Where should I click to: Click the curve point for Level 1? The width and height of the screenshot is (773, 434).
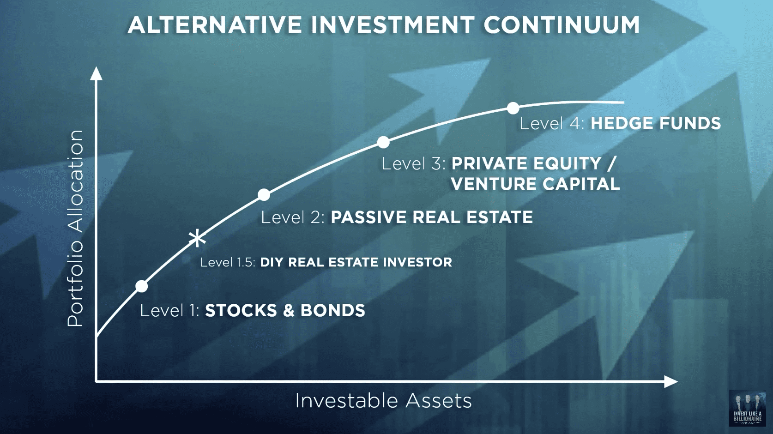(x=141, y=286)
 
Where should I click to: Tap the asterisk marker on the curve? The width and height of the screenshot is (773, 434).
(x=197, y=238)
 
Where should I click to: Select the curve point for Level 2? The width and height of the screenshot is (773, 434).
(x=264, y=195)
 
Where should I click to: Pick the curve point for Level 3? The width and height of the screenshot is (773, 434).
(x=383, y=142)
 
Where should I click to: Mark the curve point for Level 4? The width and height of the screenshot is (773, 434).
(x=513, y=108)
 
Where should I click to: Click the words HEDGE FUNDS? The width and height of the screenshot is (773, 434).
(x=656, y=124)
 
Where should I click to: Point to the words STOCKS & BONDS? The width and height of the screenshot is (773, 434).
(x=285, y=310)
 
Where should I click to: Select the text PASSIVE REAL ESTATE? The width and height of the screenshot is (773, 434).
(x=432, y=217)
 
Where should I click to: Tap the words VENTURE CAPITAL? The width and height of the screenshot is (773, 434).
(x=535, y=184)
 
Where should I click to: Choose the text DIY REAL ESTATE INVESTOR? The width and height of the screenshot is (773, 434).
(x=356, y=262)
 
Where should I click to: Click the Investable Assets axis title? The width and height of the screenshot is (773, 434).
(x=383, y=401)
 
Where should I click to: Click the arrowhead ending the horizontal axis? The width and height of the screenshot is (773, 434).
(x=671, y=381)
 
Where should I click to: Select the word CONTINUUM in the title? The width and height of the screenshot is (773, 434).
(x=562, y=25)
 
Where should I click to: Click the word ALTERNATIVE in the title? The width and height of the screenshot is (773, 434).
(x=215, y=25)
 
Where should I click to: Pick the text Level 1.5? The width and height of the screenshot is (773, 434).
(x=228, y=262)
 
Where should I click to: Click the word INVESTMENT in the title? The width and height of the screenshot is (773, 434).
(x=393, y=25)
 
